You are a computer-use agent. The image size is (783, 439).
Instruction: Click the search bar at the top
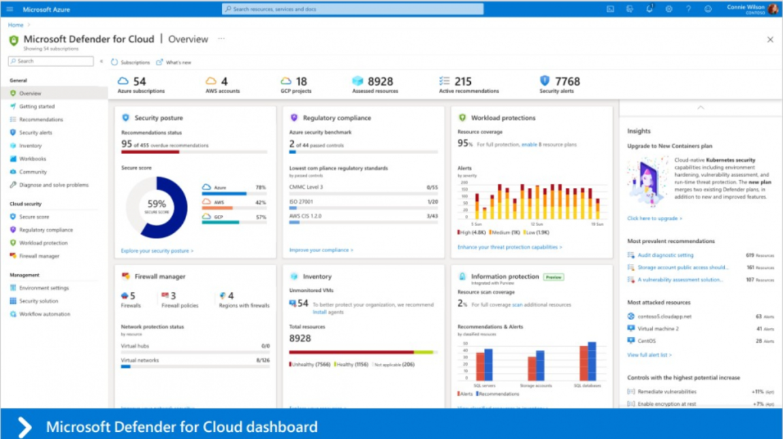353,9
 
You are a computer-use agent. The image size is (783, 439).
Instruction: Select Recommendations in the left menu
41,120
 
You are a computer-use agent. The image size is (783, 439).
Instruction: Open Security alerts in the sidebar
36,133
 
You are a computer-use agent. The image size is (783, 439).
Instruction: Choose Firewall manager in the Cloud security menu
39,256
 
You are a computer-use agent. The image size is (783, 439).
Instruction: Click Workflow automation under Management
44,314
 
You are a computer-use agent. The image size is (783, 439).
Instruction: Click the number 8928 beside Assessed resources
380,82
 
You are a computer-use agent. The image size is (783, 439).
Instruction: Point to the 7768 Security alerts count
567,82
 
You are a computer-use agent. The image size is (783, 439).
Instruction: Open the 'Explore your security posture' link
157,250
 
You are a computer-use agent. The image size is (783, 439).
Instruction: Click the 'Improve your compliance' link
321,250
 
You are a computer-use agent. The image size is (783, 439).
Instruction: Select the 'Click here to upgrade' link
654,218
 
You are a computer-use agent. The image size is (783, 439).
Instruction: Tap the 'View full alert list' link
649,355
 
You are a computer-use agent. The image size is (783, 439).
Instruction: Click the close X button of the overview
770,40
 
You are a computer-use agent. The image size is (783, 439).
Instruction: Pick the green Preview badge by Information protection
554,277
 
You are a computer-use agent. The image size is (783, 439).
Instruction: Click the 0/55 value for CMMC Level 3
432,187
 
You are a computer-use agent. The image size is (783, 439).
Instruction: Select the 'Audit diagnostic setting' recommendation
665,255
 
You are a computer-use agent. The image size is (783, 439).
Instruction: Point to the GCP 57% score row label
218,217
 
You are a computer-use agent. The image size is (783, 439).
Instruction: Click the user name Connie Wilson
745,7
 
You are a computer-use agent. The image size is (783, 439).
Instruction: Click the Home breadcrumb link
15,25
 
